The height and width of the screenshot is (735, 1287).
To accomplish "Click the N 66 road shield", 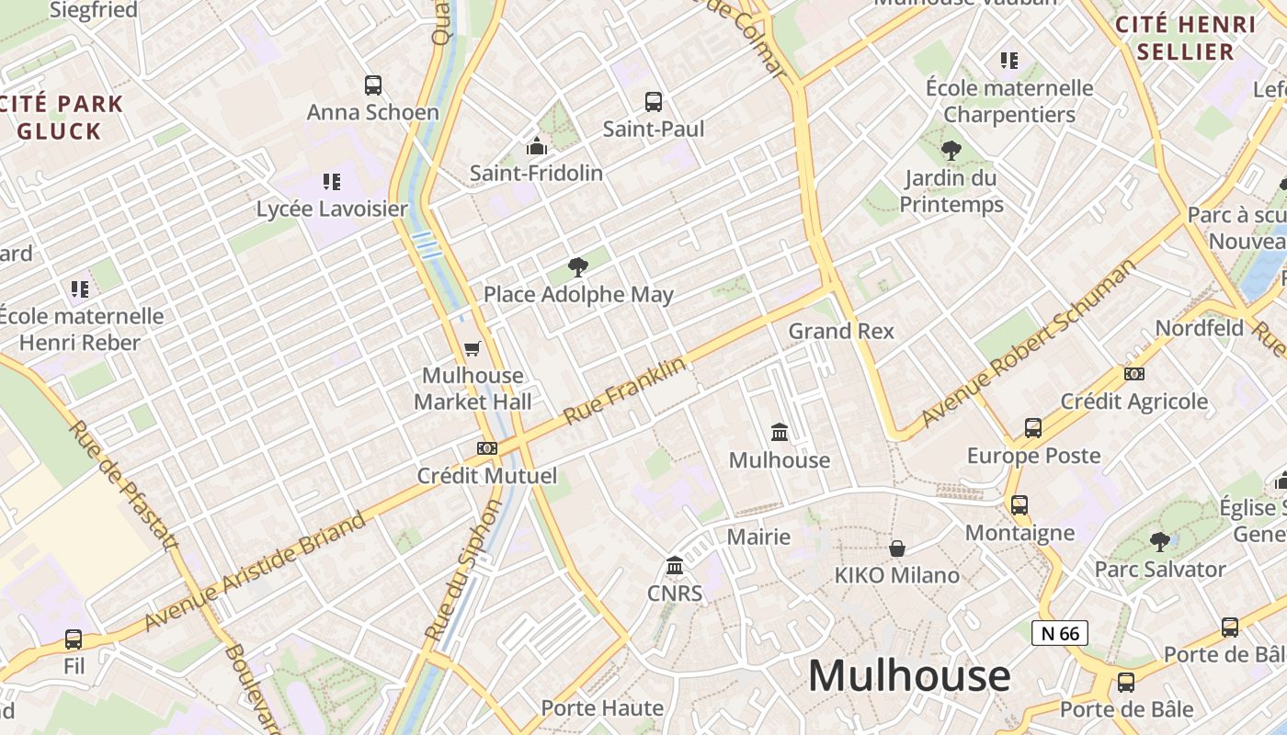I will point(1059,633).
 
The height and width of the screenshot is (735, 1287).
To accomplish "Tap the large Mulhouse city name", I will point(909,676).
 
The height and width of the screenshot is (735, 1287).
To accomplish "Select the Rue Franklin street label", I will point(625,390).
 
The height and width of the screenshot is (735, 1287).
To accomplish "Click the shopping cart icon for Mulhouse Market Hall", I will point(473,348).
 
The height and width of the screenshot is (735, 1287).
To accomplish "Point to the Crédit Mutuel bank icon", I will point(487,448).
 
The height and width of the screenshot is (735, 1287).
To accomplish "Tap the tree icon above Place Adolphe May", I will point(578,267).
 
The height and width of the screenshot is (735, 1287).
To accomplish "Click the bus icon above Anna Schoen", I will point(372,85).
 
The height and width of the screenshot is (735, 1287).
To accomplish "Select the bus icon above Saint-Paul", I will point(654,102).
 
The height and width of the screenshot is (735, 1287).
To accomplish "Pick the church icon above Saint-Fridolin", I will point(537,146).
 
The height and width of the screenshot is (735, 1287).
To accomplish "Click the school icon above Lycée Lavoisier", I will point(332,182).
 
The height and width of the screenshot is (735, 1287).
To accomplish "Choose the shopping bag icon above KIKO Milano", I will point(897,548).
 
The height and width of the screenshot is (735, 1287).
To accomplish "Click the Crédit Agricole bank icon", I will point(1134,374).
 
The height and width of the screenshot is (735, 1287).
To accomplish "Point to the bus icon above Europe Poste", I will point(1033,428).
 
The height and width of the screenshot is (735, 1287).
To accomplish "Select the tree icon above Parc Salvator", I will point(1160,542).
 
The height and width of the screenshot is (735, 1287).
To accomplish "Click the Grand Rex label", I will point(841,331).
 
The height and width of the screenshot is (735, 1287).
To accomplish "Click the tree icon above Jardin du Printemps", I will point(951,151).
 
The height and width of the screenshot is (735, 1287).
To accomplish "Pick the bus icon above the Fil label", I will point(74,639).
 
